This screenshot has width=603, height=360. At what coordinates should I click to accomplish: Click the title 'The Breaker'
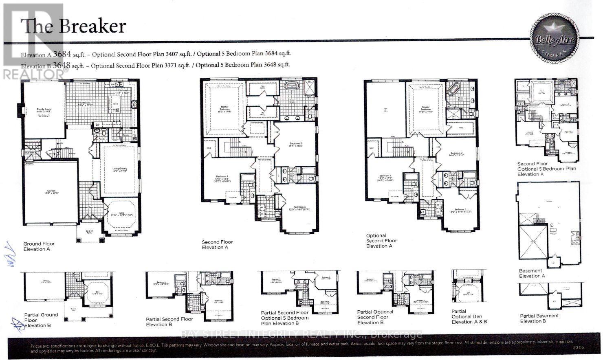tap(73, 26)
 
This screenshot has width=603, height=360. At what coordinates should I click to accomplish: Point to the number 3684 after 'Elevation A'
tap(59, 53)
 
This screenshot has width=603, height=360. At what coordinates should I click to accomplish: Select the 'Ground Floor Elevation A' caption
tap(39, 246)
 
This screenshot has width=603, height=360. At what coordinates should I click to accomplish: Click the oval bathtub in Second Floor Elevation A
tap(291, 87)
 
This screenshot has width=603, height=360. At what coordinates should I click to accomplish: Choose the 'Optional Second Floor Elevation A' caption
tap(381, 241)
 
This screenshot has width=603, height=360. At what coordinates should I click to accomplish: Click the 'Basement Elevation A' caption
tap(532, 273)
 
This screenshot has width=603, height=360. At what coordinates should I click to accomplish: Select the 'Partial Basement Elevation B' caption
tap(539, 318)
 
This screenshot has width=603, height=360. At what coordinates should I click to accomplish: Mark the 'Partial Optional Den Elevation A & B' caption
tap(469, 316)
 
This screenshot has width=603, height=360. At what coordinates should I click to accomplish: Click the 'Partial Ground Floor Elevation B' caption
tap(41, 320)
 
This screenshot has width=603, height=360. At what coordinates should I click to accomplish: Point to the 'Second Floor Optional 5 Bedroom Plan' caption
tap(546, 169)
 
